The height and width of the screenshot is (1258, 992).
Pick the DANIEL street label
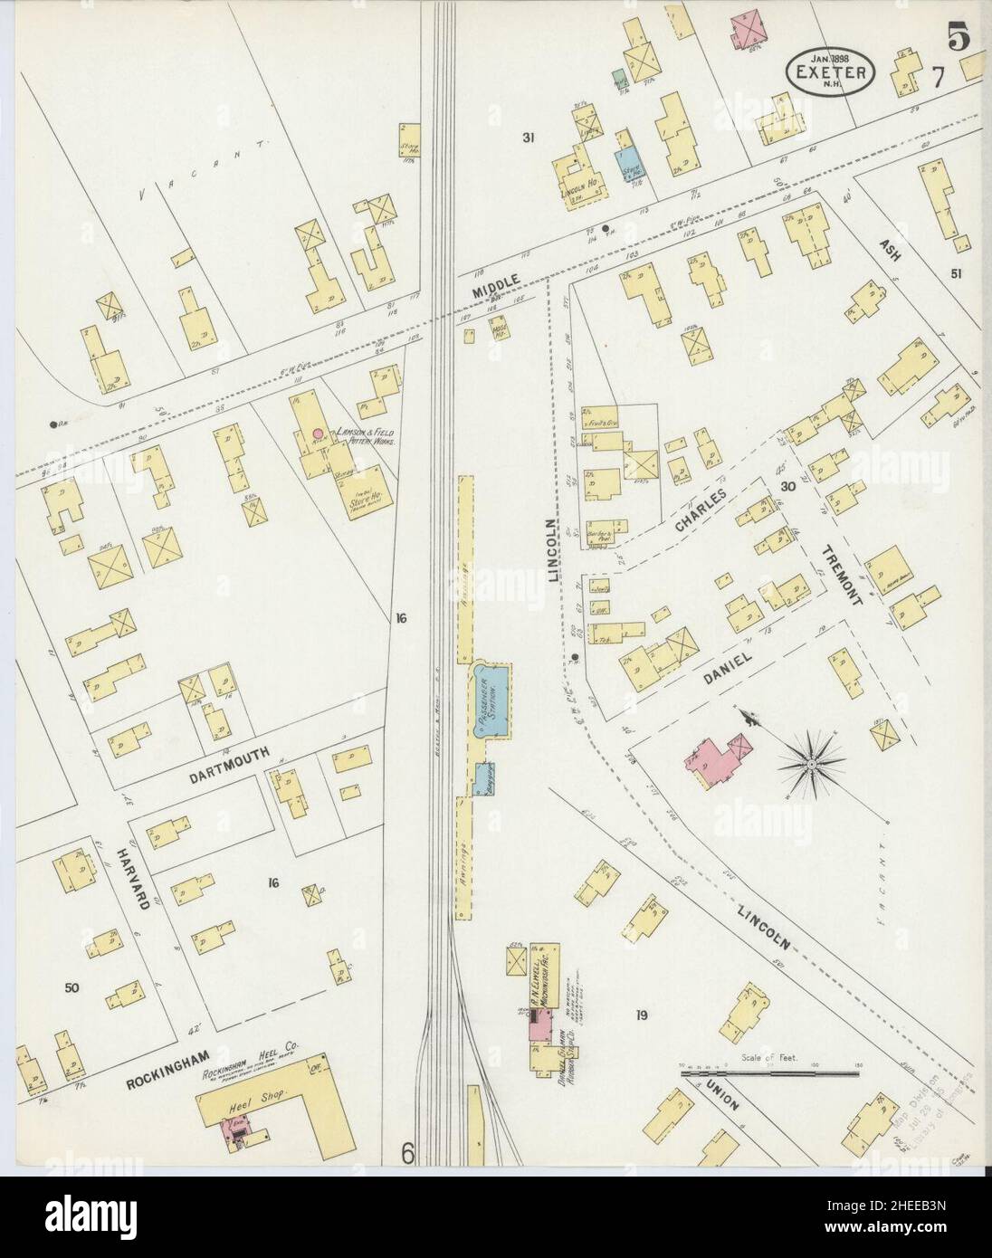tap(739, 662)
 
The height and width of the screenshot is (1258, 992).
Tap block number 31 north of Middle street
tap(529, 138)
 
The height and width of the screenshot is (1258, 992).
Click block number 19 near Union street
tap(642, 1015)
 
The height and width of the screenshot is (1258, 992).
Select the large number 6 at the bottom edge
tap(408, 1153)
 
